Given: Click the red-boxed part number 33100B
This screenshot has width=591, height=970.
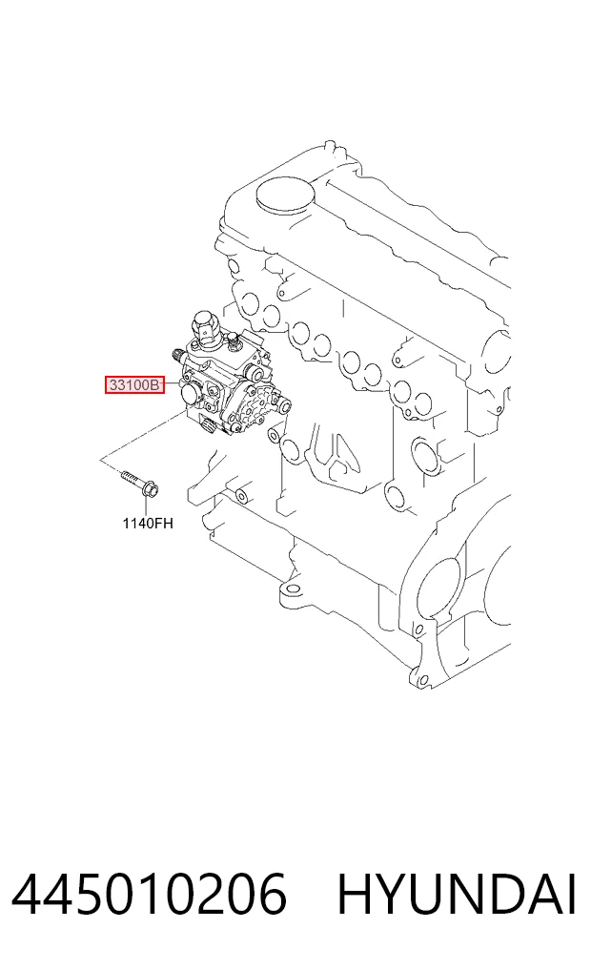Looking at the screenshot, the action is click(134, 384).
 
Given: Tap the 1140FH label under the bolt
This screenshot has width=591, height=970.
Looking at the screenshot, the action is click(148, 524).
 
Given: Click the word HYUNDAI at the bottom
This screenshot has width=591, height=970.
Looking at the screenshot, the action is click(457, 894).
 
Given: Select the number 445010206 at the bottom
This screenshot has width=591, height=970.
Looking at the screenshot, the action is click(150, 894).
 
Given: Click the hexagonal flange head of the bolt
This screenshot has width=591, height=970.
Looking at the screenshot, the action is click(149, 490).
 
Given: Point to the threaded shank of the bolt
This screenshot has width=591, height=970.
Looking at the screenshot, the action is click(131, 480).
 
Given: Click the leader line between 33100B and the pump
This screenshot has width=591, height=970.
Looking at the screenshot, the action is click(172, 384).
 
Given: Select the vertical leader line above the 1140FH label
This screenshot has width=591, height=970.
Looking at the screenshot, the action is click(149, 507).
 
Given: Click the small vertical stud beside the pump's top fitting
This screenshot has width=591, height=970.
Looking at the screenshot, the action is click(234, 340).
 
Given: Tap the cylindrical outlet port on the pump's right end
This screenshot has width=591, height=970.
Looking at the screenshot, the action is click(284, 406).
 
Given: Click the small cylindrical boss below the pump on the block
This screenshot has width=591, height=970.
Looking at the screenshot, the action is click(243, 494).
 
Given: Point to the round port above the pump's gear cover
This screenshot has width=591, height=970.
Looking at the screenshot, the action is click(254, 374).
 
